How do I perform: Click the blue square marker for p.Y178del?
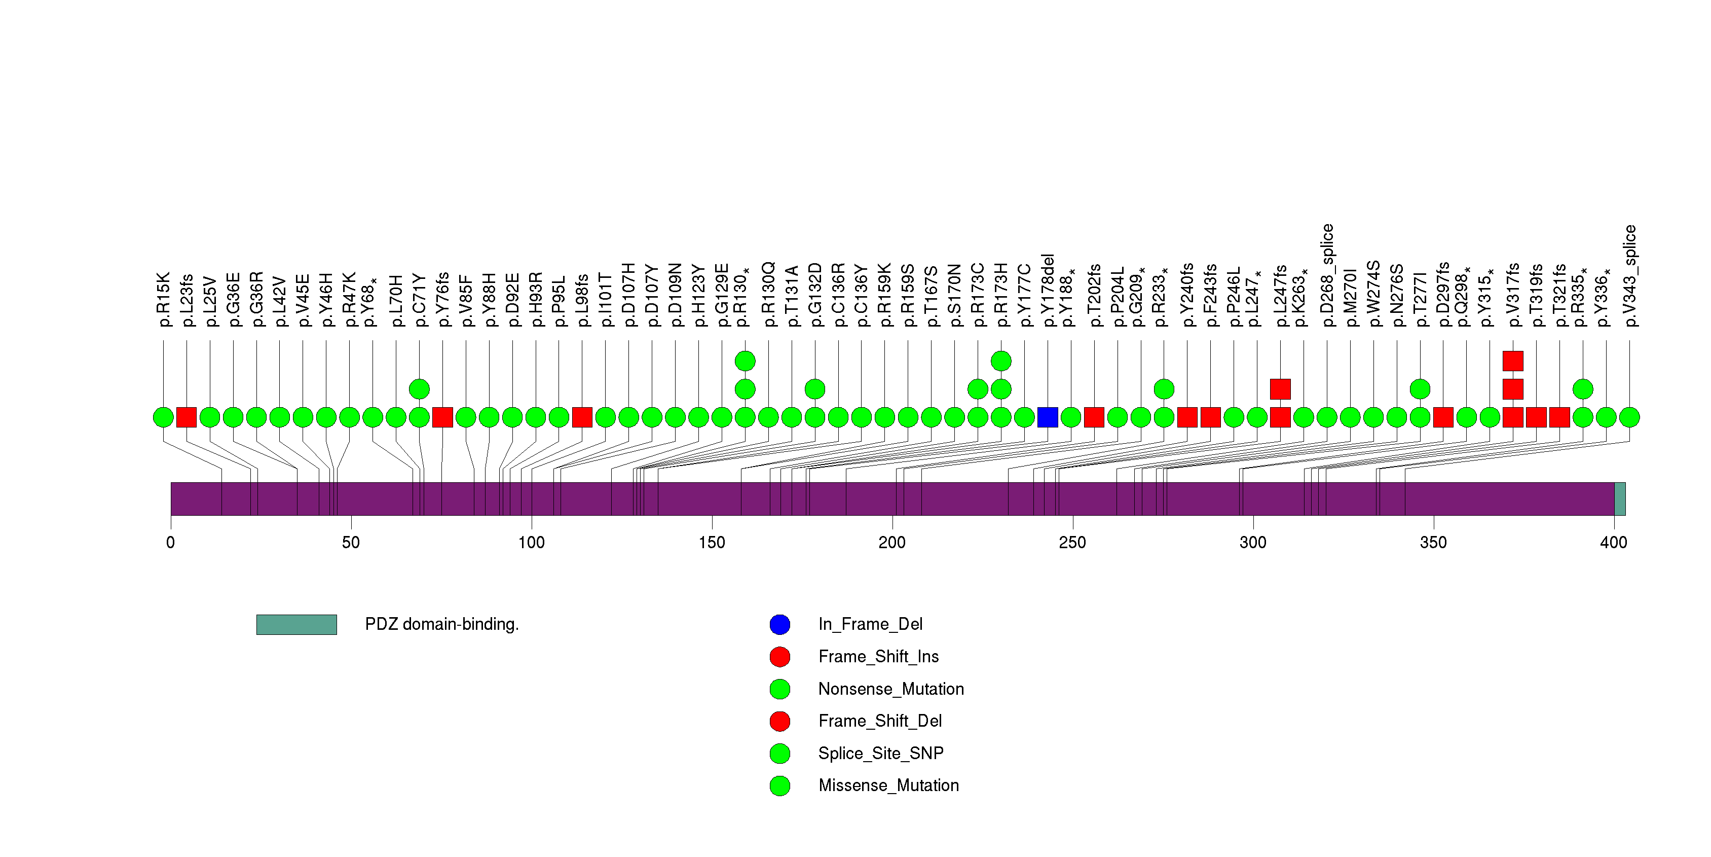pos(1048,417)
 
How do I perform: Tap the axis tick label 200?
pos(892,543)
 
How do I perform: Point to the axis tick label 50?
pos(351,543)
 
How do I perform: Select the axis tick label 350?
pos(1433,543)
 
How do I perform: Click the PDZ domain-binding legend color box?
pos(296,624)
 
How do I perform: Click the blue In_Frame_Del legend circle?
pos(780,624)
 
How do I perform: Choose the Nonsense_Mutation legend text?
pos(890,689)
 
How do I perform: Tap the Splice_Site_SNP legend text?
pos(881,754)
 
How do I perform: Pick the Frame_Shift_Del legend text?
pos(880,721)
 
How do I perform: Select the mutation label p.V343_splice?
pos(1630,276)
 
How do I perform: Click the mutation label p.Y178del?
pos(1048,291)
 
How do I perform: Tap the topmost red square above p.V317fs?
pos(1513,361)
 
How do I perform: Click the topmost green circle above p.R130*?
pos(745,361)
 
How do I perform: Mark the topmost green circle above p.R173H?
pos(1001,361)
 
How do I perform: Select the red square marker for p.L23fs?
pos(187,417)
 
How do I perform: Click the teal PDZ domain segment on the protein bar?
pos(1620,499)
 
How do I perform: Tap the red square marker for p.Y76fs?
pos(442,417)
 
